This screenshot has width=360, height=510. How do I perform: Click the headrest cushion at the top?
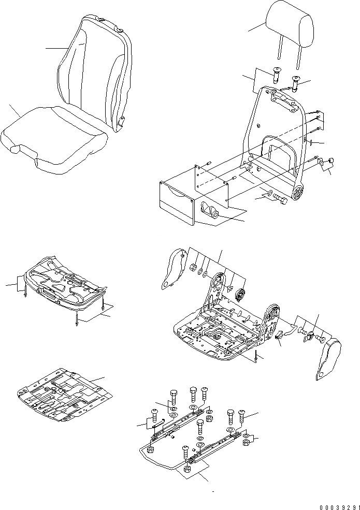[x=290, y=26]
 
